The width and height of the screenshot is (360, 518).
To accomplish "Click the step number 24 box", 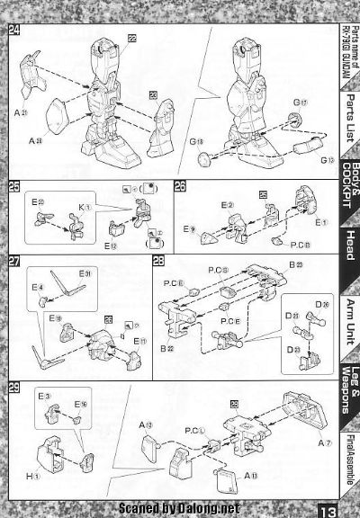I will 14,31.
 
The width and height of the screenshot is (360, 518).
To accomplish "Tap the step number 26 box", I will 181,186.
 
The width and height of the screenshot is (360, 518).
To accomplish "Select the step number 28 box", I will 158,262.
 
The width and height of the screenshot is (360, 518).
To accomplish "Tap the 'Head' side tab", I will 345,245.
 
